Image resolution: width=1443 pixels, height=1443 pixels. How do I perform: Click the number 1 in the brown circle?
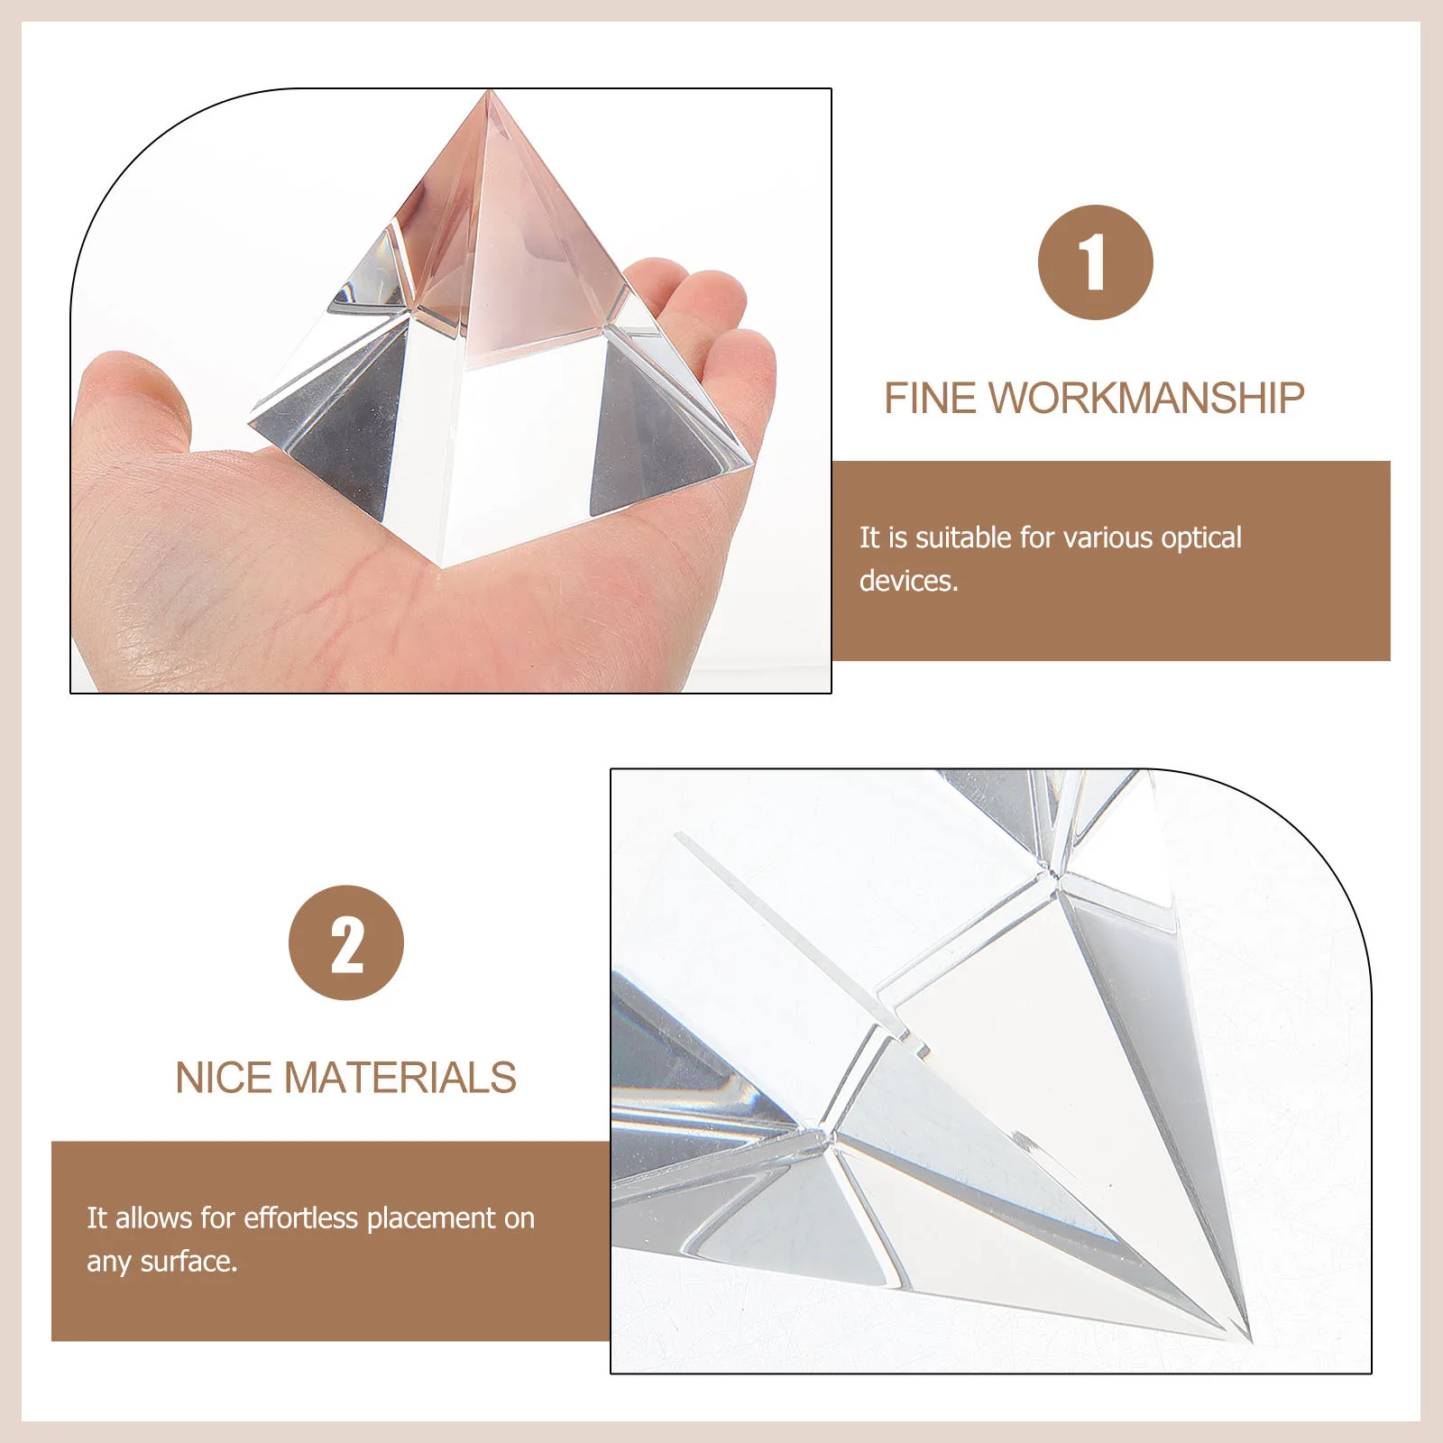1095,262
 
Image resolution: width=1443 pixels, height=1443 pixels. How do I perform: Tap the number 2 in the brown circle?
346,943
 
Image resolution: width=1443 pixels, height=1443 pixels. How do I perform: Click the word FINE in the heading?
930,399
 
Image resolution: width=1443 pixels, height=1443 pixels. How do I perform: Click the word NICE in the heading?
225,1079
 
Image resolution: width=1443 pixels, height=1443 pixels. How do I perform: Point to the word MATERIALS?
400,1079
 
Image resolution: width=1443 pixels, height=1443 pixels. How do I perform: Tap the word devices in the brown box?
906,582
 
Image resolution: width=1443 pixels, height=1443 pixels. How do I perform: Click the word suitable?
962,538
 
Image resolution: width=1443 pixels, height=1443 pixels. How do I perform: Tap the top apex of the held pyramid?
490,92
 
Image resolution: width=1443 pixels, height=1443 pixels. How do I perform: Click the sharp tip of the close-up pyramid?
1250,1337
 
